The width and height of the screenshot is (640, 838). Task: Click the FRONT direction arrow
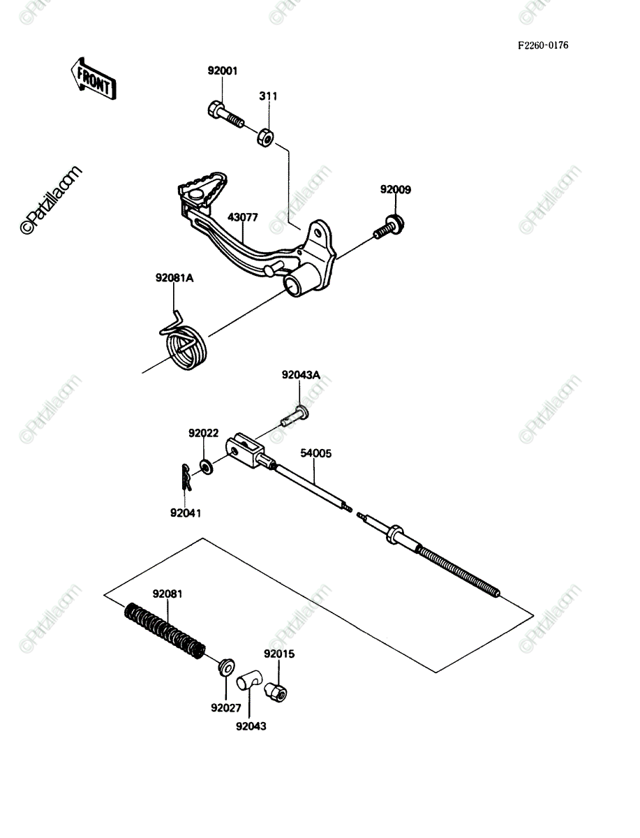pyautogui.click(x=94, y=80)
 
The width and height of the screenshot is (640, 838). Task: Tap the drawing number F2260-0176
pyautogui.click(x=543, y=45)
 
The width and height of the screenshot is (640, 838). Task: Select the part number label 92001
pyautogui.click(x=223, y=71)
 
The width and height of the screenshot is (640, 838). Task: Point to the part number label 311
pyautogui.click(x=268, y=96)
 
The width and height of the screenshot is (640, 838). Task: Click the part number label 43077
pyautogui.click(x=243, y=217)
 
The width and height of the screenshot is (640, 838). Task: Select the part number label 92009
pyautogui.click(x=396, y=190)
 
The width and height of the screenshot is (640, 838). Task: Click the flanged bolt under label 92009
pyautogui.click(x=389, y=227)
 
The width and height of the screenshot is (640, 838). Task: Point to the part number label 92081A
pyautogui.click(x=174, y=279)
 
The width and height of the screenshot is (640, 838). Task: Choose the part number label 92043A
pyautogui.click(x=301, y=375)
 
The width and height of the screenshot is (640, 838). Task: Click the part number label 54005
pyautogui.click(x=315, y=453)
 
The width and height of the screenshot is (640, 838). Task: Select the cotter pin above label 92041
pyautogui.click(x=186, y=477)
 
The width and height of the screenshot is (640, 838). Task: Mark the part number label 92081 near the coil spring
pyautogui.click(x=168, y=594)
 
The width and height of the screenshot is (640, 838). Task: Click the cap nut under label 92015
pyautogui.click(x=276, y=691)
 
